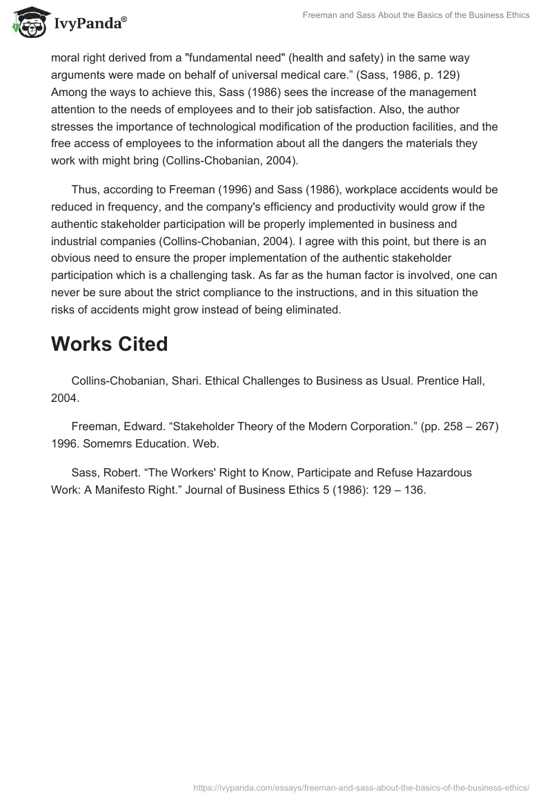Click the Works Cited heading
pos(109,344)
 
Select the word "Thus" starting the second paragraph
pos(83,189)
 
